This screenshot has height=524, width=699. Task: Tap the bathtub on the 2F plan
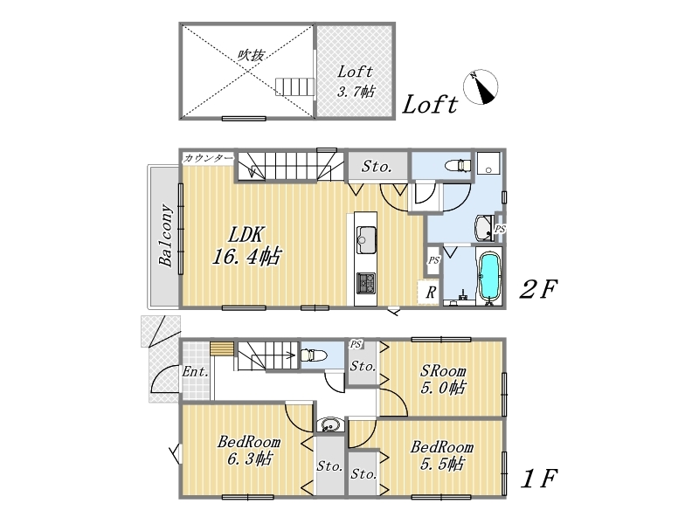point(489,277)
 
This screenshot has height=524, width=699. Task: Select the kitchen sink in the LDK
point(366,239)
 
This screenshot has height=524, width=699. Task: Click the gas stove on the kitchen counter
point(365,283)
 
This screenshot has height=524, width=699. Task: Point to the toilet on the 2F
point(458,165)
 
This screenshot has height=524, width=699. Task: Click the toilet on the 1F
point(314,355)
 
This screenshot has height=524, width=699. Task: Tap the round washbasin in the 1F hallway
point(330,424)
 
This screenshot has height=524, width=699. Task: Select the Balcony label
point(166,235)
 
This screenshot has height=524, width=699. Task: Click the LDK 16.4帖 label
point(246,245)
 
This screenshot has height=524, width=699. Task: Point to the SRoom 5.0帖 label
point(443,379)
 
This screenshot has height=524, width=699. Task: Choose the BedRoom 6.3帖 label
point(249,450)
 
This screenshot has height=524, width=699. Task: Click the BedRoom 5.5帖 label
point(442,455)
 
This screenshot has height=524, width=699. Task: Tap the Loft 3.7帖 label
point(356,81)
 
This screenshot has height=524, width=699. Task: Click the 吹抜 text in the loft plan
point(251,55)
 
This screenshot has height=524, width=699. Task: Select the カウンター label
point(208,158)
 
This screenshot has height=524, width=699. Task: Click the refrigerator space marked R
point(431,293)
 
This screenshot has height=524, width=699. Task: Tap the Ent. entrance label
point(195,371)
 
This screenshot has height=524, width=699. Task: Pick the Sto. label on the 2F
point(377,167)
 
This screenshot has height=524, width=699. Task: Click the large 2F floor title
point(538,290)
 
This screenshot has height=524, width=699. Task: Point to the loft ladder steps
point(295,86)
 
